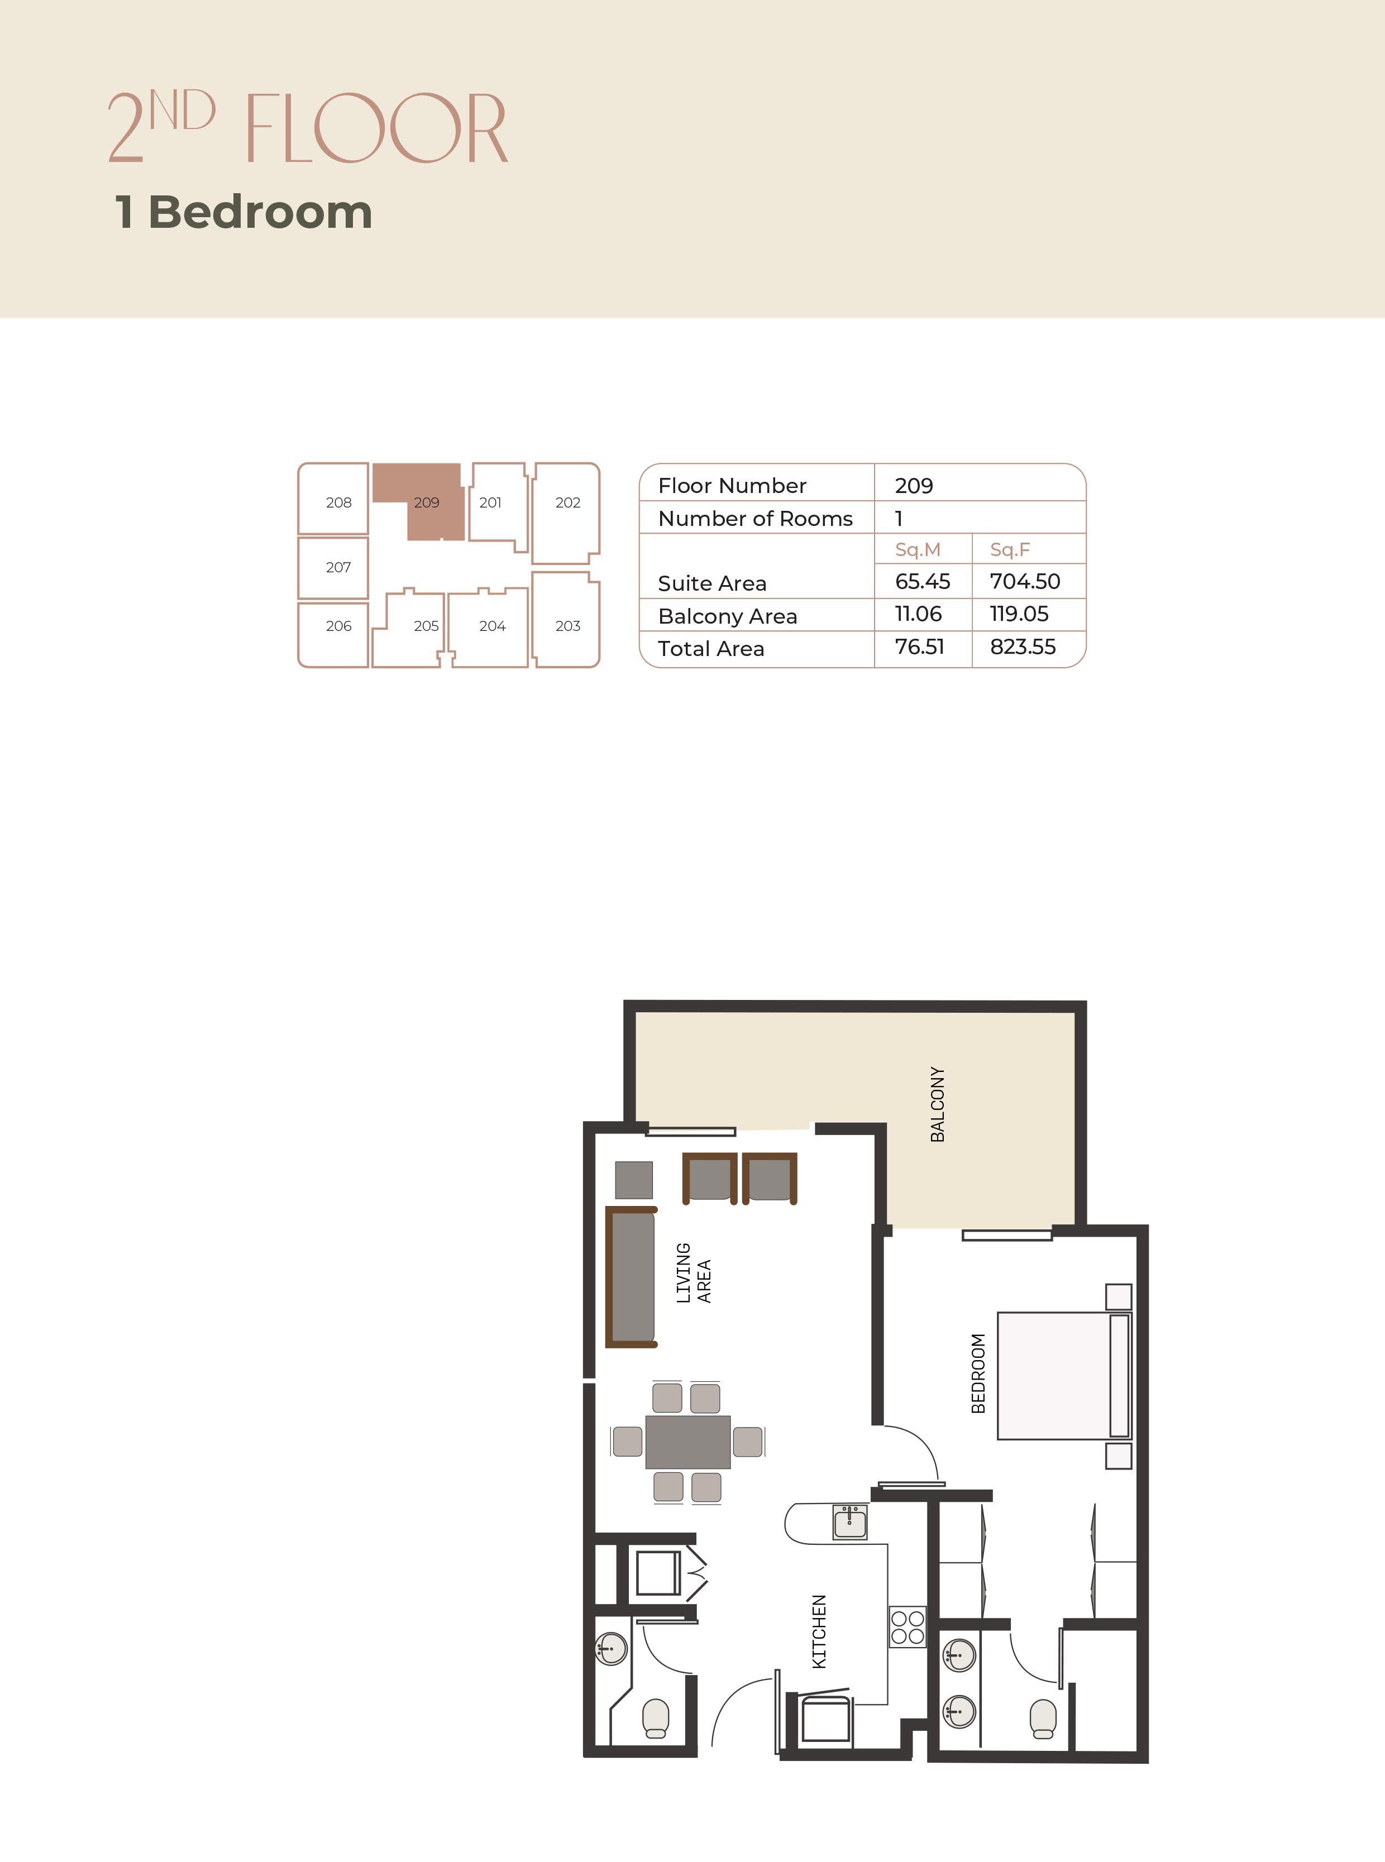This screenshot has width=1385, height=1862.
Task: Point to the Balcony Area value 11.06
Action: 918,614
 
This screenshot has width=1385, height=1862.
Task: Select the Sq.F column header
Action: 1009,550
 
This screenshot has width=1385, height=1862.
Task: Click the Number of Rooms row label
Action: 756,519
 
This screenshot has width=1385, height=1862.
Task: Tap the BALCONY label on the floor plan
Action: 937,1104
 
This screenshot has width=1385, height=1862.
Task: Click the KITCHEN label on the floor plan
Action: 819,1631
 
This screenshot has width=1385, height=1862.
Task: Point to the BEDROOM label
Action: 977,1373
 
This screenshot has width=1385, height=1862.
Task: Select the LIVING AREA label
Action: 694,1274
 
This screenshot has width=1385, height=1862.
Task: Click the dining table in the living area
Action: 687,1442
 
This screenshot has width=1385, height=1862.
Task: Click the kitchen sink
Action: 850,1521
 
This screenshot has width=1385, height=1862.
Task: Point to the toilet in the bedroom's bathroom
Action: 1043,1719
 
